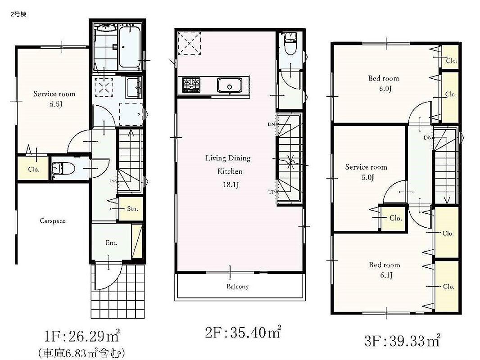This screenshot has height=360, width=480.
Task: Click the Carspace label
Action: click(x=53, y=221)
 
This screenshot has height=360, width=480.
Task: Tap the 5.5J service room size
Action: click(x=56, y=104)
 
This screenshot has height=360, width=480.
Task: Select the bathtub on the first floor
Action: click(x=130, y=47)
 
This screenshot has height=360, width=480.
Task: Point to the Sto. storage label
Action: click(x=132, y=209)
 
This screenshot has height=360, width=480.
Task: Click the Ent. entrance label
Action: click(x=111, y=243)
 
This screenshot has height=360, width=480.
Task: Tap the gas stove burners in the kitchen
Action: click(x=191, y=85)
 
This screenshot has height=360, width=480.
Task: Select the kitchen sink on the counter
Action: click(x=230, y=85)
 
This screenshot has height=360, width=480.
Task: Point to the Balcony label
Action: click(x=238, y=287)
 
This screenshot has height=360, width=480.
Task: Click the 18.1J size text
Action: click(x=231, y=185)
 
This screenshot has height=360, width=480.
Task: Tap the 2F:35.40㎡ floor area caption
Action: click(x=243, y=333)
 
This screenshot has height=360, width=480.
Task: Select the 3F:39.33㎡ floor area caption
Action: click(x=402, y=341)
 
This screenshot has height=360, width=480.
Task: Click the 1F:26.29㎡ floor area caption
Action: click(x=82, y=337)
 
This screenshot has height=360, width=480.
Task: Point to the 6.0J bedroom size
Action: click(x=385, y=89)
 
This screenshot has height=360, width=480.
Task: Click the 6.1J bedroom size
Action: click(x=386, y=275)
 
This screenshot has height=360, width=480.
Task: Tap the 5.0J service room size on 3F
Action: click(x=367, y=177)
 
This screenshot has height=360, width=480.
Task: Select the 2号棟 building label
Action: click(x=18, y=14)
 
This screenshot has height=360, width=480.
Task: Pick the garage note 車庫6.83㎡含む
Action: click(x=82, y=354)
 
